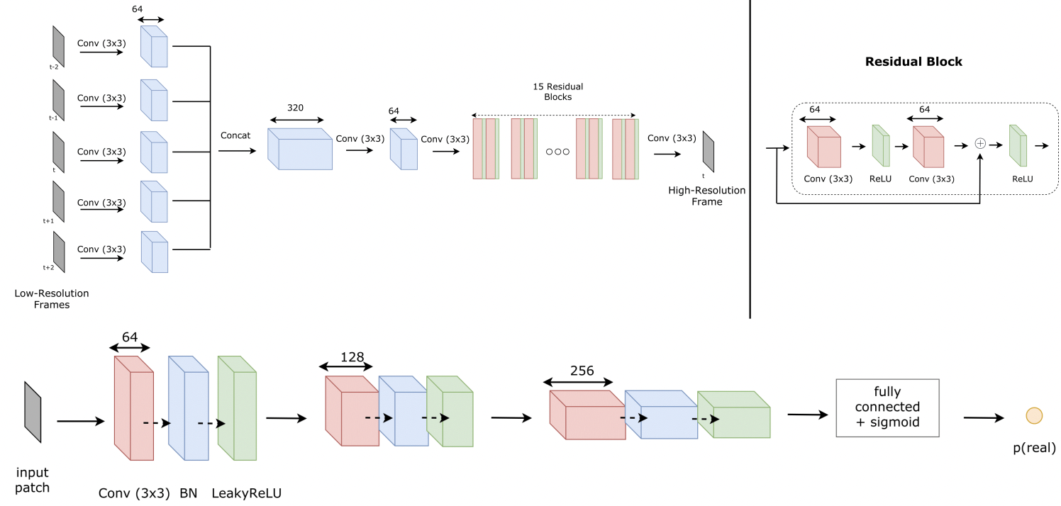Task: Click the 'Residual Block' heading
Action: [913, 62]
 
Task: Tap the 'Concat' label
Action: [235, 135]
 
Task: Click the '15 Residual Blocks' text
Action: [557, 91]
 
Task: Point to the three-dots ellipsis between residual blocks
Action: [557, 152]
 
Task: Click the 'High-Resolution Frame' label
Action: [706, 196]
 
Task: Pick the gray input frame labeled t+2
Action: [58, 252]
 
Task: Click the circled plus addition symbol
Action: [980, 143]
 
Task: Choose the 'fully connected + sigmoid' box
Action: [887, 407]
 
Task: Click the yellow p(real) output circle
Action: [1034, 416]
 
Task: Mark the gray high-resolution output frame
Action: [709, 150]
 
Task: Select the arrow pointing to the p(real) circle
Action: [987, 417]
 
